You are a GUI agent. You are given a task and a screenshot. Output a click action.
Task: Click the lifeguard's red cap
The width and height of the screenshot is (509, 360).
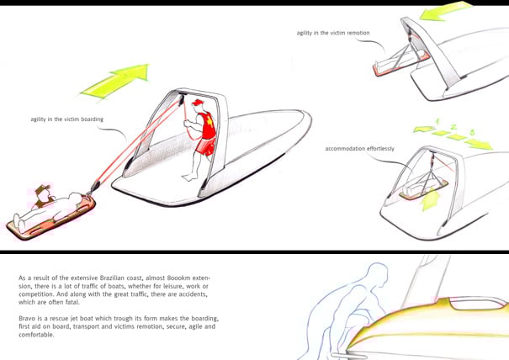pyautogui.click(x=198, y=103)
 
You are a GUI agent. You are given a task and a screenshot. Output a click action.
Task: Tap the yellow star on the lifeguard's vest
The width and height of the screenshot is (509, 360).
pyautogui.click(x=210, y=123)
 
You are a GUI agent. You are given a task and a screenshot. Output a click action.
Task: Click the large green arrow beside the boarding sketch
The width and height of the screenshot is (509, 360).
pyautogui.click(x=115, y=81)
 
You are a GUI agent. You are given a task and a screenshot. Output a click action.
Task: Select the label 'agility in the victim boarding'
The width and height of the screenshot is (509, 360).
pyautogui.click(x=66, y=119)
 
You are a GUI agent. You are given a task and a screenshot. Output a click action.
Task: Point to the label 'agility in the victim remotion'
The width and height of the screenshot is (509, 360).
pyautogui.click(x=333, y=33)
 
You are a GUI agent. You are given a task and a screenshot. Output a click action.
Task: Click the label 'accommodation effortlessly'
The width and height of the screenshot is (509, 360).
pyautogui.click(x=360, y=149)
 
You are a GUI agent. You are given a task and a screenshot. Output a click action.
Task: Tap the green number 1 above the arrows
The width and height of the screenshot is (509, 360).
pyautogui.click(x=437, y=122)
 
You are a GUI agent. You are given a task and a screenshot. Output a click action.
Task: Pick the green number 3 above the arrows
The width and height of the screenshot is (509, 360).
pyautogui.click(x=472, y=132)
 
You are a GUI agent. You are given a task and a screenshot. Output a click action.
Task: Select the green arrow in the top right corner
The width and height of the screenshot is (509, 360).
pyautogui.click(x=445, y=12)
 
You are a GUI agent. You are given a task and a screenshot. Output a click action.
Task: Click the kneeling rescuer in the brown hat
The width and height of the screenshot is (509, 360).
pyautogui.click(x=44, y=196)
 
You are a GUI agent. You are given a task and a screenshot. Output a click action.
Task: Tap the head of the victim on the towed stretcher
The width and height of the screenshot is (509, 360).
pyautogui.click(x=76, y=196)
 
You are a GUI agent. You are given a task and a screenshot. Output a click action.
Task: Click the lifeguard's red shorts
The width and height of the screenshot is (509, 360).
pyautogui.click(x=206, y=147)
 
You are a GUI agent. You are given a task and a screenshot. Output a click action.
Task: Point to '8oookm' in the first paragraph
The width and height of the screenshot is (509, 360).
pyautogui.click(x=178, y=278)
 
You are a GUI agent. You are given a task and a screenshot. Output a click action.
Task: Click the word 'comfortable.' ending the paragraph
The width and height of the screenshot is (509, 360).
pyautogui.click(x=36, y=335)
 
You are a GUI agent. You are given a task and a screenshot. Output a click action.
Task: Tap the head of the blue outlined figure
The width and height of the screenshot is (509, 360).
pyautogui.click(x=377, y=272)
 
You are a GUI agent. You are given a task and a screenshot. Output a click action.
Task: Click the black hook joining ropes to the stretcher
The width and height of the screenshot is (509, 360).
pyautogui.click(x=95, y=187)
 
